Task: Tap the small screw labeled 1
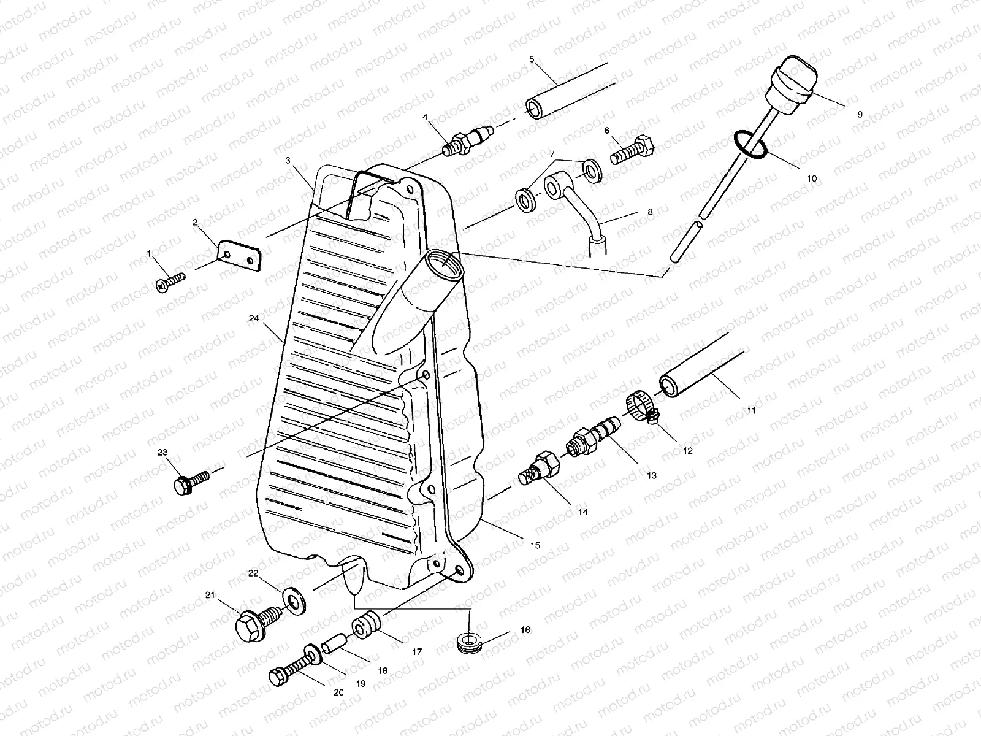[x=171, y=282]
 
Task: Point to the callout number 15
[x=535, y=545]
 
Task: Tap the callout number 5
[x=532, y=59]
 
